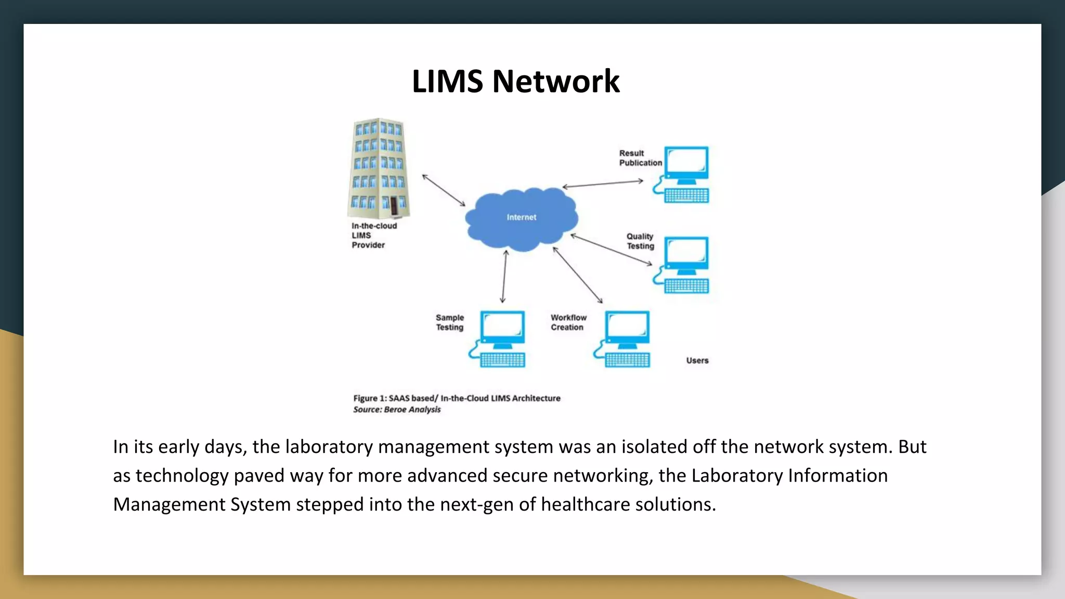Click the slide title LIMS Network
(x=515, y=82)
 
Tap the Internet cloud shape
(x=521, y=218)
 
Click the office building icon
(x=379, y=168)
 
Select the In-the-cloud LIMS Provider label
(x=373, y=236)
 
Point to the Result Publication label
(x=640, y=158)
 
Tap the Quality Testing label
(x=640, y=241)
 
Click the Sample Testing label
(x=450, y=322)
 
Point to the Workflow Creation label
(x=568, y=322)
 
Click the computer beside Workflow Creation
(x=624, y=339)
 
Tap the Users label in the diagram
(x=697, y=360)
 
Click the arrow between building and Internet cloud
(x=444, y=190)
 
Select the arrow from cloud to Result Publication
(x=603, y=184)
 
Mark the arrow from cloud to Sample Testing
(x=504, y=276)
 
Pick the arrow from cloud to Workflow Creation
(x=578, y=275)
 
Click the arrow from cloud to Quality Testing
(x=611, y=250)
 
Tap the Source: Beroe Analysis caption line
(x=397, y=410)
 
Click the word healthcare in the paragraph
(x=585, y=504)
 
